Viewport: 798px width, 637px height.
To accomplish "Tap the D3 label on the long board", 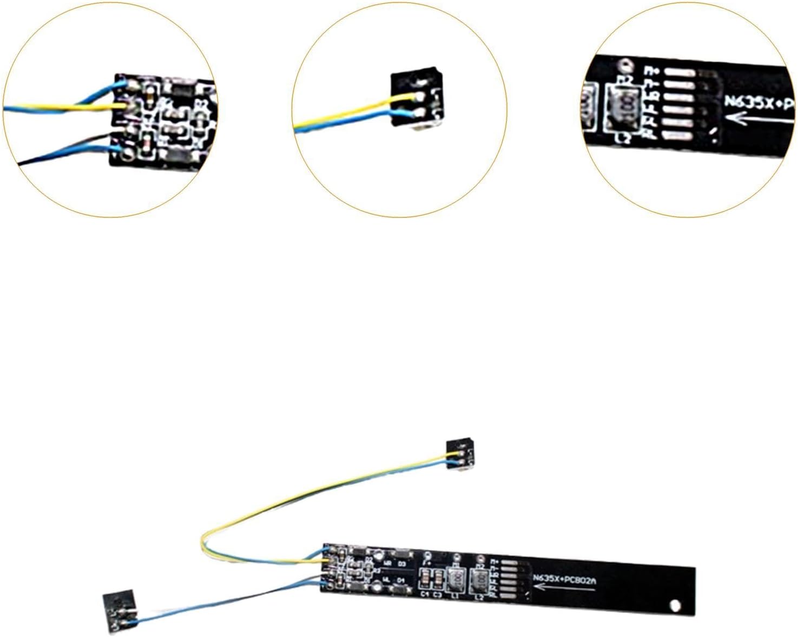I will tap(401, 564).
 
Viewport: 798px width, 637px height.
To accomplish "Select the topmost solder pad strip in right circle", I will tap(678, 71).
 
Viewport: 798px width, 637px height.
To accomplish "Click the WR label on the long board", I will tap(387, 564).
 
